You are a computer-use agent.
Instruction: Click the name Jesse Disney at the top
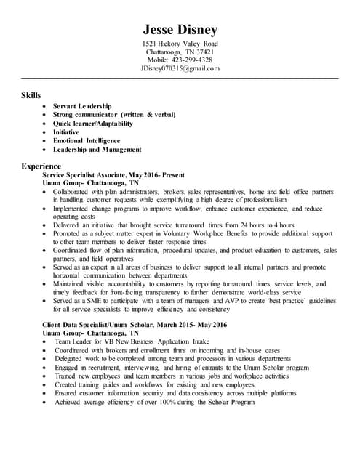(180, 30)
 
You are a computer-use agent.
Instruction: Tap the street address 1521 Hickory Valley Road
(180, 44)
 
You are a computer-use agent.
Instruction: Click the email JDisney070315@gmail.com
(180, 68)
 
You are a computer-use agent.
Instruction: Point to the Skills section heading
(31, 95)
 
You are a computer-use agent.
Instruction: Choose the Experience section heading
(41, 166)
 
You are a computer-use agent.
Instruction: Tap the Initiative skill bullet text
(68, 132)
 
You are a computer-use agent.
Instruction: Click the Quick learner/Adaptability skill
(93, 124)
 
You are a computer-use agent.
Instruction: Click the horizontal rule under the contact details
(180, 78)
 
